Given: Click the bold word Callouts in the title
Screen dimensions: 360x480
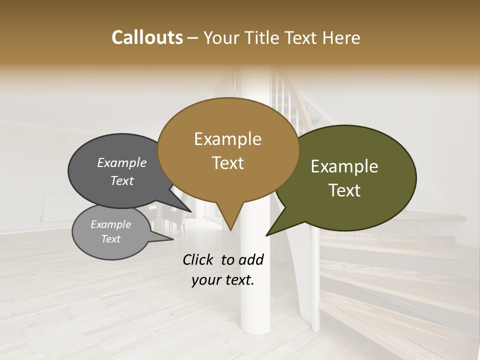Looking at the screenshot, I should coord(147,37).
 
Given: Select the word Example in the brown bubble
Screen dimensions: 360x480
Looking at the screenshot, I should coord(227,139).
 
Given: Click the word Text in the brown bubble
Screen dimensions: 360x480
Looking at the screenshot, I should coord(227,163).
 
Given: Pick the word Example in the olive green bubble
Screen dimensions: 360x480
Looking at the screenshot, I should coord(344,166).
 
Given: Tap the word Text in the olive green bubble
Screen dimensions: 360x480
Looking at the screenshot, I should coord(344,190).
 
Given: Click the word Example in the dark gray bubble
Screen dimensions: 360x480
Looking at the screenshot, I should coord(121,163).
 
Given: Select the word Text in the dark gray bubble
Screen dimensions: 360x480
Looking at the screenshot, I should coord(121,180).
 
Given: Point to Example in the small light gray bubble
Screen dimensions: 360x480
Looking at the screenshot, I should coord(110,224).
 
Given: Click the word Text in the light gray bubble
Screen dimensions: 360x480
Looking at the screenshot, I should coord(110,239).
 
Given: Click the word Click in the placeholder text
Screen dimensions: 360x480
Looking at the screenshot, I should coord(198,259).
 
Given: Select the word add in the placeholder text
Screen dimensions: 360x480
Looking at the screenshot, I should coord(251,259).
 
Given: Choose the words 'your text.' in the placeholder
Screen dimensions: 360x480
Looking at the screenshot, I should coord(222,280).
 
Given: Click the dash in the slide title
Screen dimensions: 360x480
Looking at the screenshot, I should coord(193,37).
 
